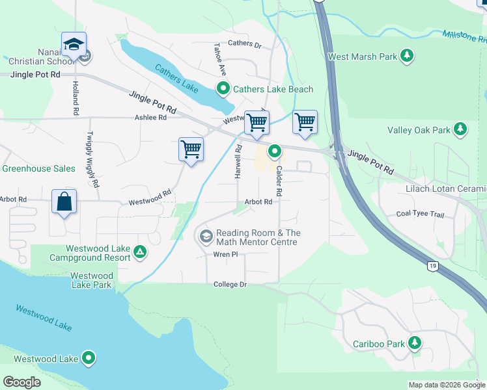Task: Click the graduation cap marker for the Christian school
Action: (74, 44)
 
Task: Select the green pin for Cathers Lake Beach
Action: (223, 89)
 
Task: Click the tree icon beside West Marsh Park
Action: (408, 57)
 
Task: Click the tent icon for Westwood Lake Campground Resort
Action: (139, 252)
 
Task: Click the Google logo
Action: (21, 382)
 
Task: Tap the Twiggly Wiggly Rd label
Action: (91, 160)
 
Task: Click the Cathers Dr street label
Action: (244, 45)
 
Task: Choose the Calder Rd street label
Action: (278, 181)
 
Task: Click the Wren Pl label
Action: (223, 254)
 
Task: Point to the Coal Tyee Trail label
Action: (420, 214)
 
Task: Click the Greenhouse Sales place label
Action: (38, 168)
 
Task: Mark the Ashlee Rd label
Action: (150, 118)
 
